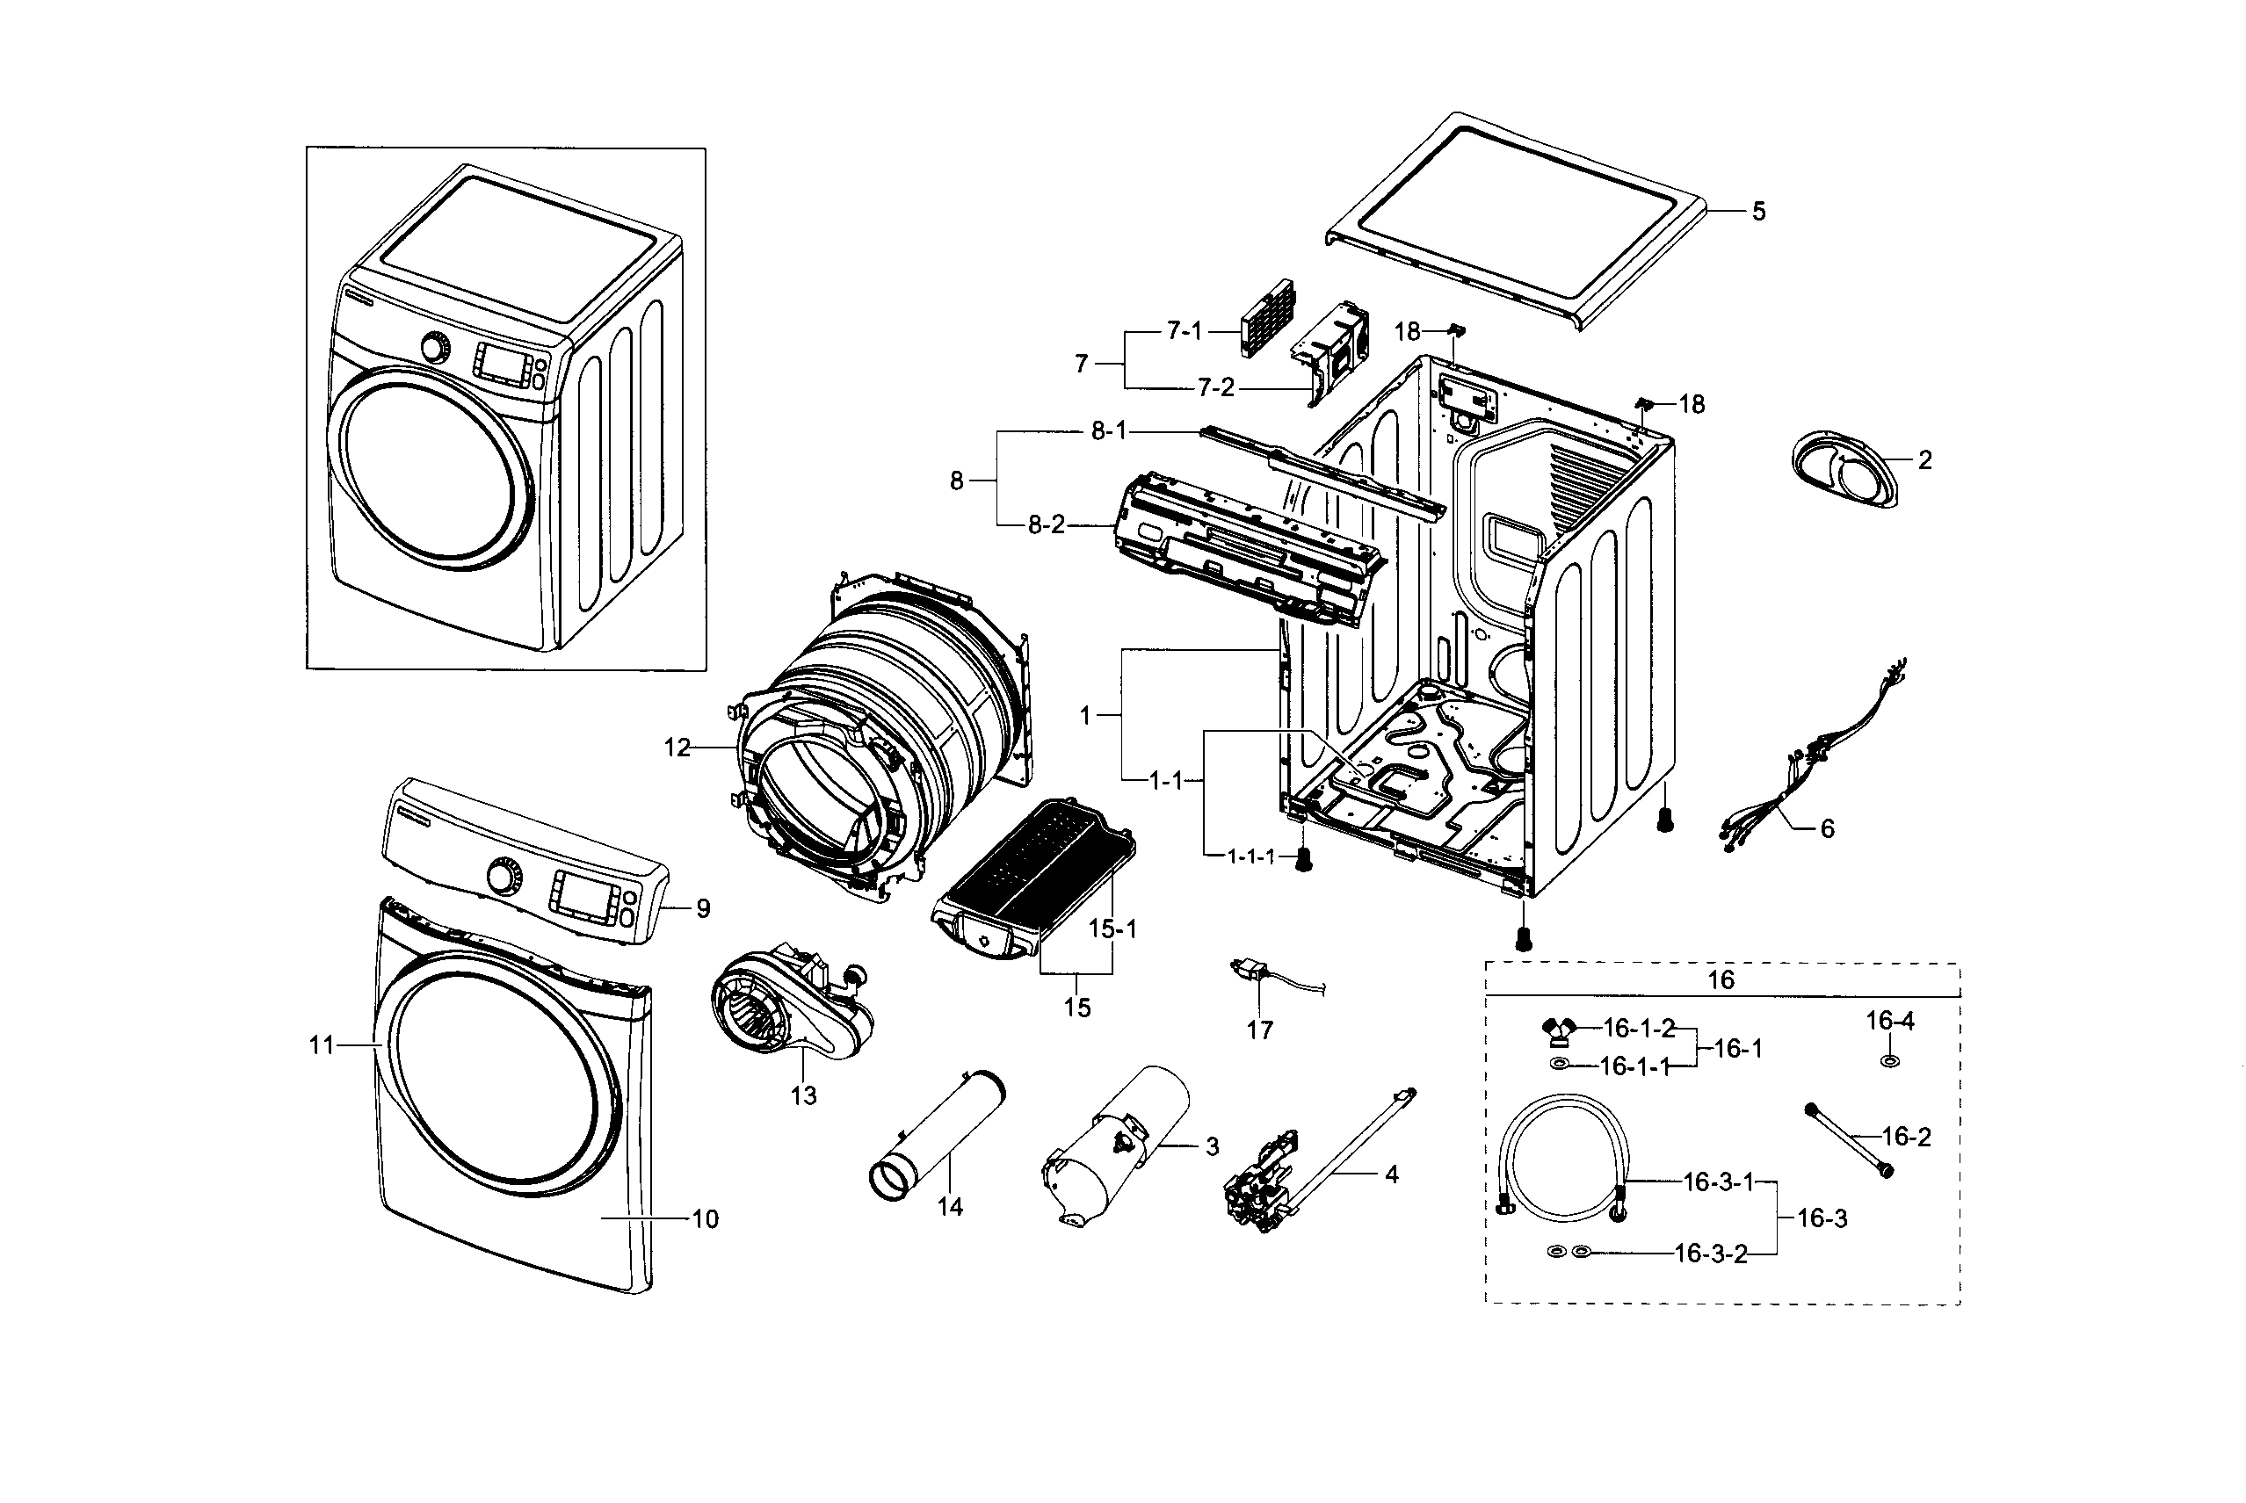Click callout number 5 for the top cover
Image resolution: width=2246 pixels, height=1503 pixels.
pos(1758,212)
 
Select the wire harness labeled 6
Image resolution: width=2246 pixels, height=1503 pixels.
pos(1783,767)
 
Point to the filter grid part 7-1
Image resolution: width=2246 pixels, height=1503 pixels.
pos(1266,317)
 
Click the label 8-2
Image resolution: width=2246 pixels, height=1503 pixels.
pos(1046,525)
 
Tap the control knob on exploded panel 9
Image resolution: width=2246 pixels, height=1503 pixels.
pos(500,875)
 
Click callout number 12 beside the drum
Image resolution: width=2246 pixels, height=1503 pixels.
pos(677,748)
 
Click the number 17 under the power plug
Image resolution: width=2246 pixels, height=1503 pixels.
pos(1259,1030)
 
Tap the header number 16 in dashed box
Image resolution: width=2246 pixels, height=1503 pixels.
pos(1721,979)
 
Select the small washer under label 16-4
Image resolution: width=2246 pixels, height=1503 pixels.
pos(1889,1061)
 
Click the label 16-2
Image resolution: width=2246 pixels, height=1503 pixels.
pos(1906,1137)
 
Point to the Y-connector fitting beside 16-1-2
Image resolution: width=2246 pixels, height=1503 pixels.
pos(1561,1031)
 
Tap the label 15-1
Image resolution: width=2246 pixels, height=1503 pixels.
pos(1112,929)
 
